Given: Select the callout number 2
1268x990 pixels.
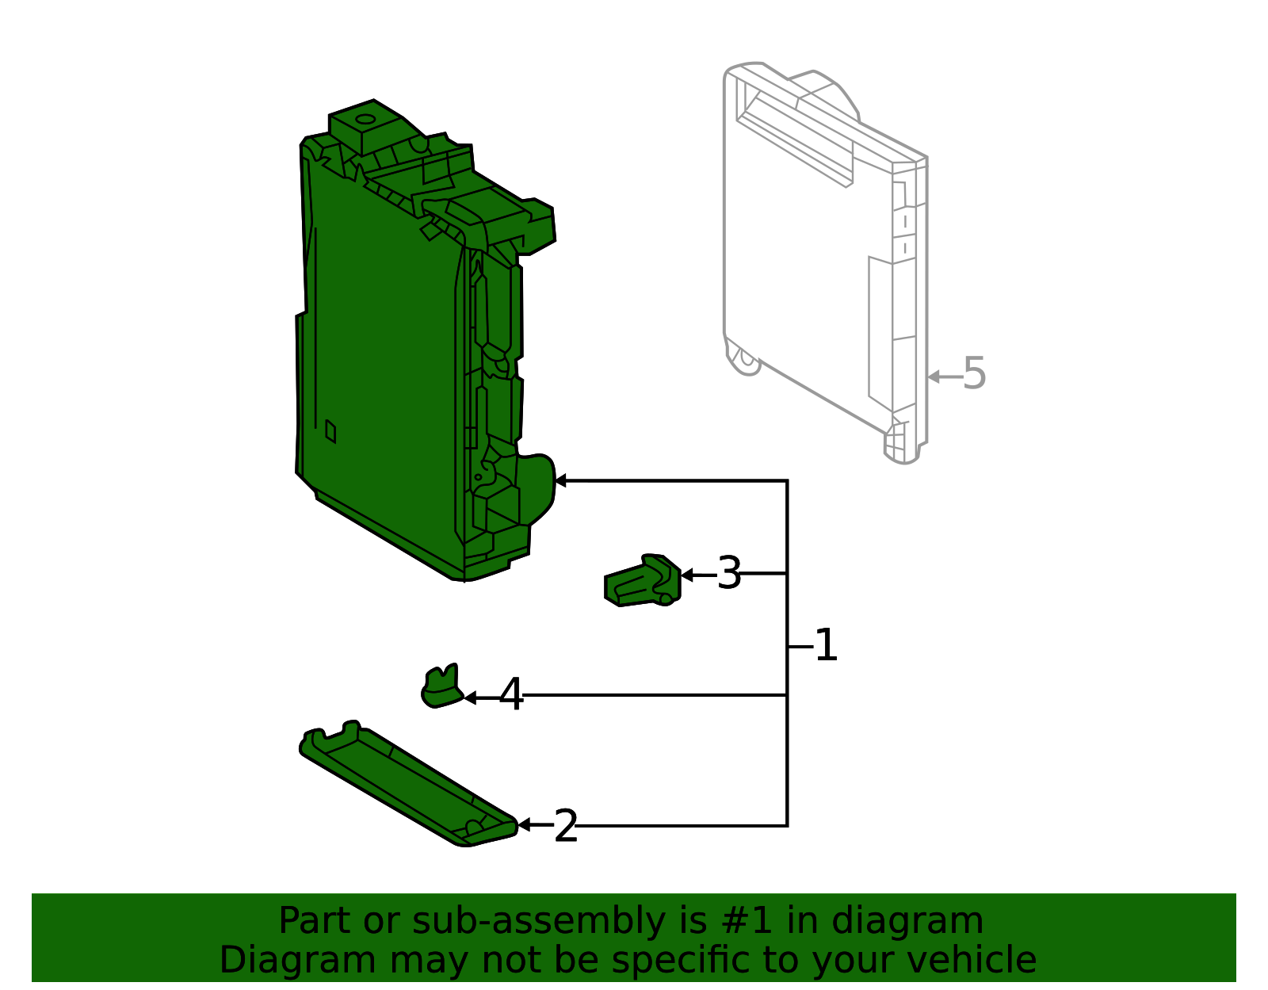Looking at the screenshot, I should tap(565, 827).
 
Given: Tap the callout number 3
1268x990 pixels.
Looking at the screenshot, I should tap(728, 573).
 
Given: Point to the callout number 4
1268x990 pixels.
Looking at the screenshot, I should tap(511, 695).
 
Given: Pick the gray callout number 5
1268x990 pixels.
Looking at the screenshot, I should tap(974, 373).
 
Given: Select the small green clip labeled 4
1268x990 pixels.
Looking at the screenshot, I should tap(441, 686).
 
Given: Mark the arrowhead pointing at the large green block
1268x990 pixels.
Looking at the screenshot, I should tap(560, 480).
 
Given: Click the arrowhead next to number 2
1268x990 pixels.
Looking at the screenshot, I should tap(523, 826).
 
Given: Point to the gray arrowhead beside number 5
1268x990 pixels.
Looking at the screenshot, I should tap(934, 377).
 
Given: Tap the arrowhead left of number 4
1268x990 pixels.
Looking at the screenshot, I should tap(469, 698).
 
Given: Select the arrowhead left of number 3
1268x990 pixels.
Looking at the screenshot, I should tap(686, 575).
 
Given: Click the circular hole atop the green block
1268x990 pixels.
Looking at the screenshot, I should tap(365, 120).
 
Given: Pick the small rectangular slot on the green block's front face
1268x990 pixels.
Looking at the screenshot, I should tap(330, 431).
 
